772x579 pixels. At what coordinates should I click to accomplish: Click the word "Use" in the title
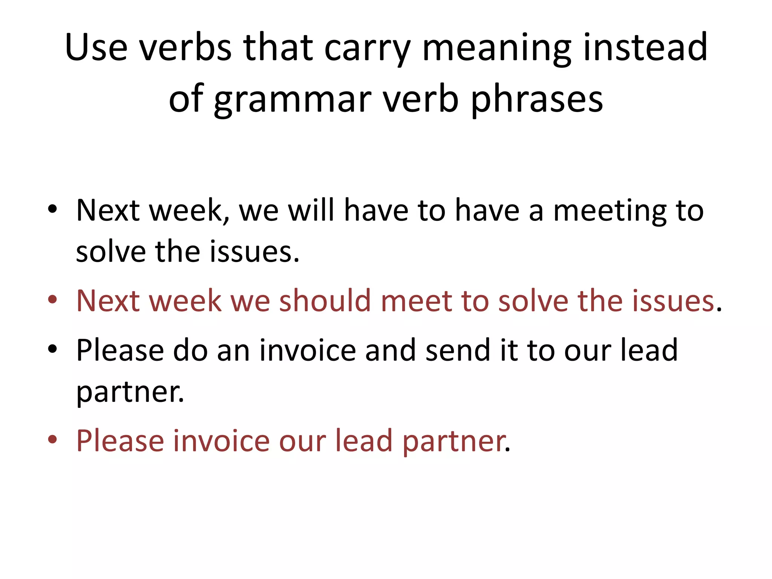[x=96, y=47]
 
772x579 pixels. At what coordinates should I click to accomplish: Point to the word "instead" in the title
[x=645, y=47]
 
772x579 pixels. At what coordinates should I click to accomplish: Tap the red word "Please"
[x=120, y=440]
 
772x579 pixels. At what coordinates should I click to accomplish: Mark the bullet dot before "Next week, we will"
[x=52, y=209]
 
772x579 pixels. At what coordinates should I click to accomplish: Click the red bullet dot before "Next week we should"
[x=52, y=300]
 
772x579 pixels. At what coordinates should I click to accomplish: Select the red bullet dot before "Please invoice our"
[x=52, y=439]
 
